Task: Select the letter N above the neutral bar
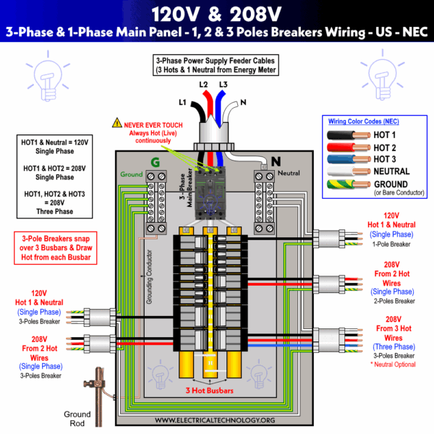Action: pos(276,162)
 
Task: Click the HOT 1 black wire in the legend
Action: pos(347,135)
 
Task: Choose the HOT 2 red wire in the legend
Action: pos(347,148)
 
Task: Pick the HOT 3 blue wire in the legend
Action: pos(347,159)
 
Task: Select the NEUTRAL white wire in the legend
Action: pos(347,172)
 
